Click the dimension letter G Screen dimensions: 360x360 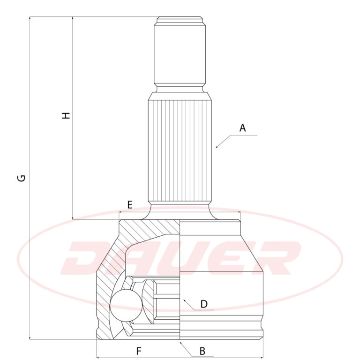point(22,178)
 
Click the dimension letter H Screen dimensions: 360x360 point(66,115)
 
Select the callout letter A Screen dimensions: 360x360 point(242,128)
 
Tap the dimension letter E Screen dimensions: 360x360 point(130,204)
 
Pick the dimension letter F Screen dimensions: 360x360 point(139,351)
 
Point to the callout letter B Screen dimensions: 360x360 point(202,351)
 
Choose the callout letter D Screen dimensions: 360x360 point(204,304)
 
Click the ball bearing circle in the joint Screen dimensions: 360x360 point(126,305)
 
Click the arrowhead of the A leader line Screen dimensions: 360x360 point(217,146)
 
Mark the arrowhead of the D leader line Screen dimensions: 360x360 point(184,300)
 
